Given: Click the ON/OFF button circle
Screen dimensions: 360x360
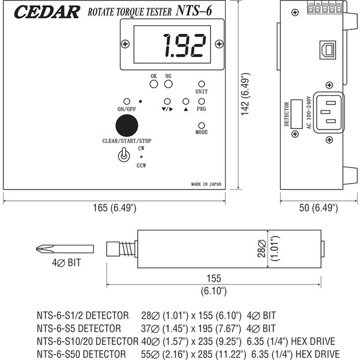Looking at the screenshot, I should pyautogui.click(x=127, y=101).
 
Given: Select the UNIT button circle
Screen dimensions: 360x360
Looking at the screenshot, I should pyautogui.click(x=202, y=85).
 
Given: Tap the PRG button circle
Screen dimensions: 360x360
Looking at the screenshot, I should pyautogui.click(x=202, y=102).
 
